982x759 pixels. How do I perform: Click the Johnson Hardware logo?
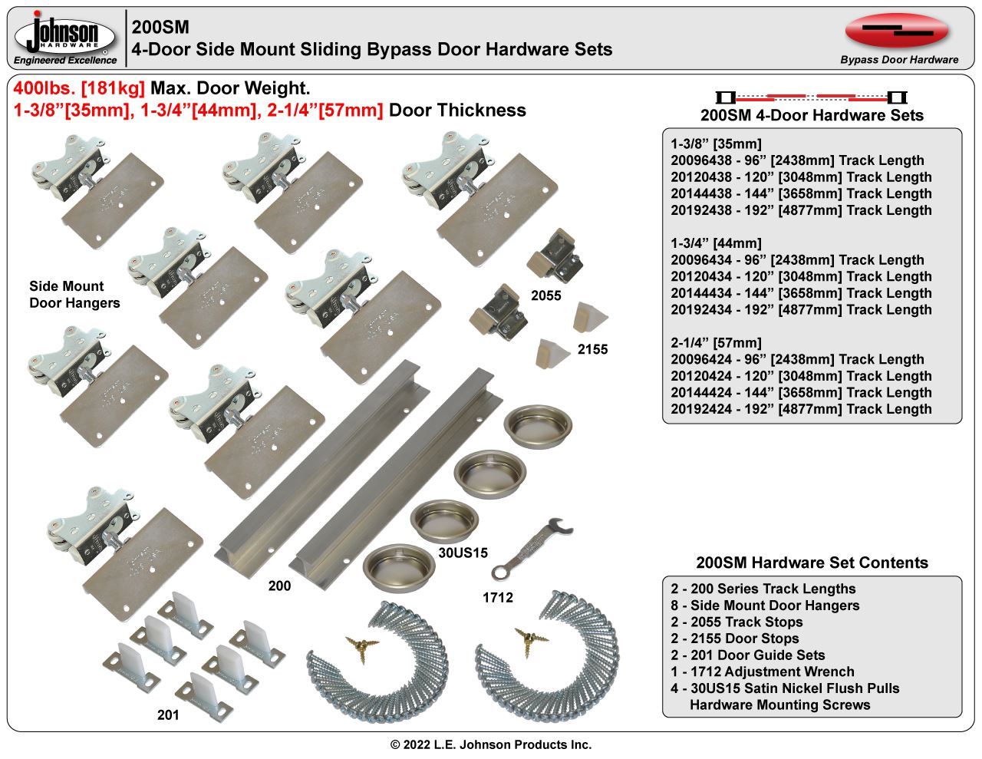coord(65,38)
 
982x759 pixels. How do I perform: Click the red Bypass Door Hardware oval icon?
coord(897,30)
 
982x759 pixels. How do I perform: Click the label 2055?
coord(545,295)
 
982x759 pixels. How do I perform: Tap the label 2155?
coord(592,349)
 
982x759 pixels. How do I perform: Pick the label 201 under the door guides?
coord(167,715)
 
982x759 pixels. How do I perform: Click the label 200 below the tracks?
coord(279,586)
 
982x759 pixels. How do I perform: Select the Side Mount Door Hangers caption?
coord(74,295)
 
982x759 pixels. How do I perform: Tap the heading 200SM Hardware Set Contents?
coord(812,563)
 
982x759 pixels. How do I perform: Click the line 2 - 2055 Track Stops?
coord(736,622)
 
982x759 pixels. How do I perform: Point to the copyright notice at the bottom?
coord(491,744)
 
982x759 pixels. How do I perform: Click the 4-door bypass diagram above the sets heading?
coord(811,97)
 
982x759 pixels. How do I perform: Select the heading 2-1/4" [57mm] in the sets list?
coord(716,342)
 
